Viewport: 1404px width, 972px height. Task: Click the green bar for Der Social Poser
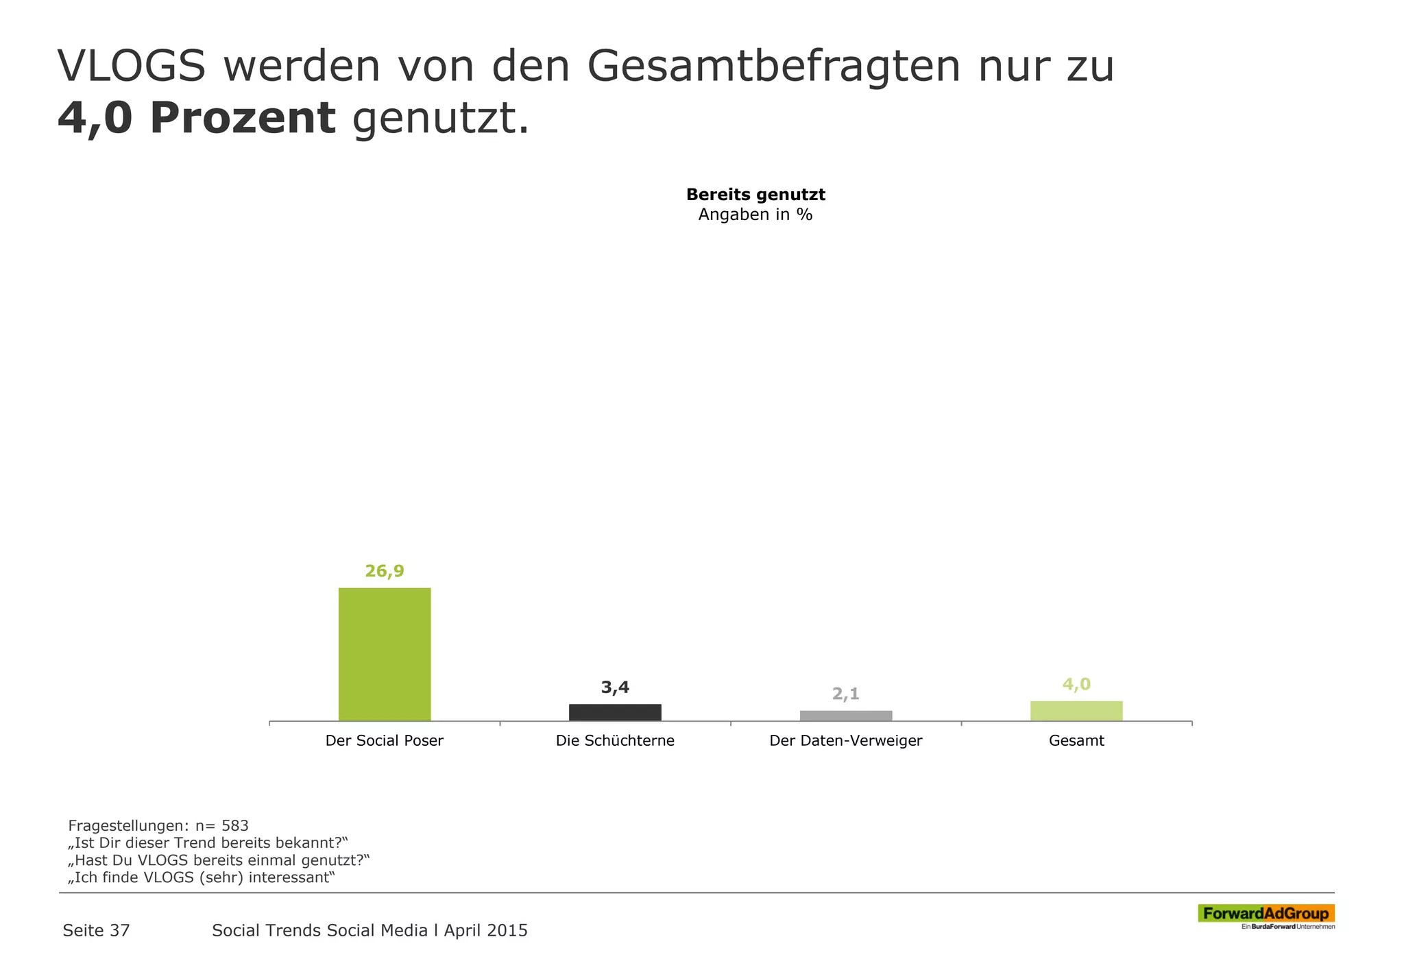(385, 654)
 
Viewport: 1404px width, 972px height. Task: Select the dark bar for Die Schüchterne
(615, 712)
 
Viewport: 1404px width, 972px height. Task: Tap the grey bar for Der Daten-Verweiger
(846, 716)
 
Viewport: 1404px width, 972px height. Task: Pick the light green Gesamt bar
(1076, 711)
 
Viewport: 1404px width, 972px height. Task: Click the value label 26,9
(385, 571)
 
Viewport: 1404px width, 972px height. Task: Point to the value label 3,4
(615, 687)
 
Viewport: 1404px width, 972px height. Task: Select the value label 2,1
(846, 694)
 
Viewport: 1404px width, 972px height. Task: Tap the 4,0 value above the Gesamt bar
(1076, 684)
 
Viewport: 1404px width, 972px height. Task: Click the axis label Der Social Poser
(385, 741)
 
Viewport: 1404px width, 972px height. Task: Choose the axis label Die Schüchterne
(615, 741)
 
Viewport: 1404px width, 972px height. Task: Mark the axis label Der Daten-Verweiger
(846, 741)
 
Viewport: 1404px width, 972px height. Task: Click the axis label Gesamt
(1076, 741)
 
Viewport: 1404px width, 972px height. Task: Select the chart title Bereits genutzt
(755, 195)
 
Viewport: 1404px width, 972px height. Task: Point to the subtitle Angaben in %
(755, 215)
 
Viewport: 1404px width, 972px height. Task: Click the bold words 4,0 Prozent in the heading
(197, 119)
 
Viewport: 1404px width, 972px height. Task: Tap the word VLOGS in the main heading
(132, 66)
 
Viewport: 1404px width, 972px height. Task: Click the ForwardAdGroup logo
(1266, 914)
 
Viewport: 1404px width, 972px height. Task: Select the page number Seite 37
(96, 930)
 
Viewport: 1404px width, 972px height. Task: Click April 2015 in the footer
(485, 930)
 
